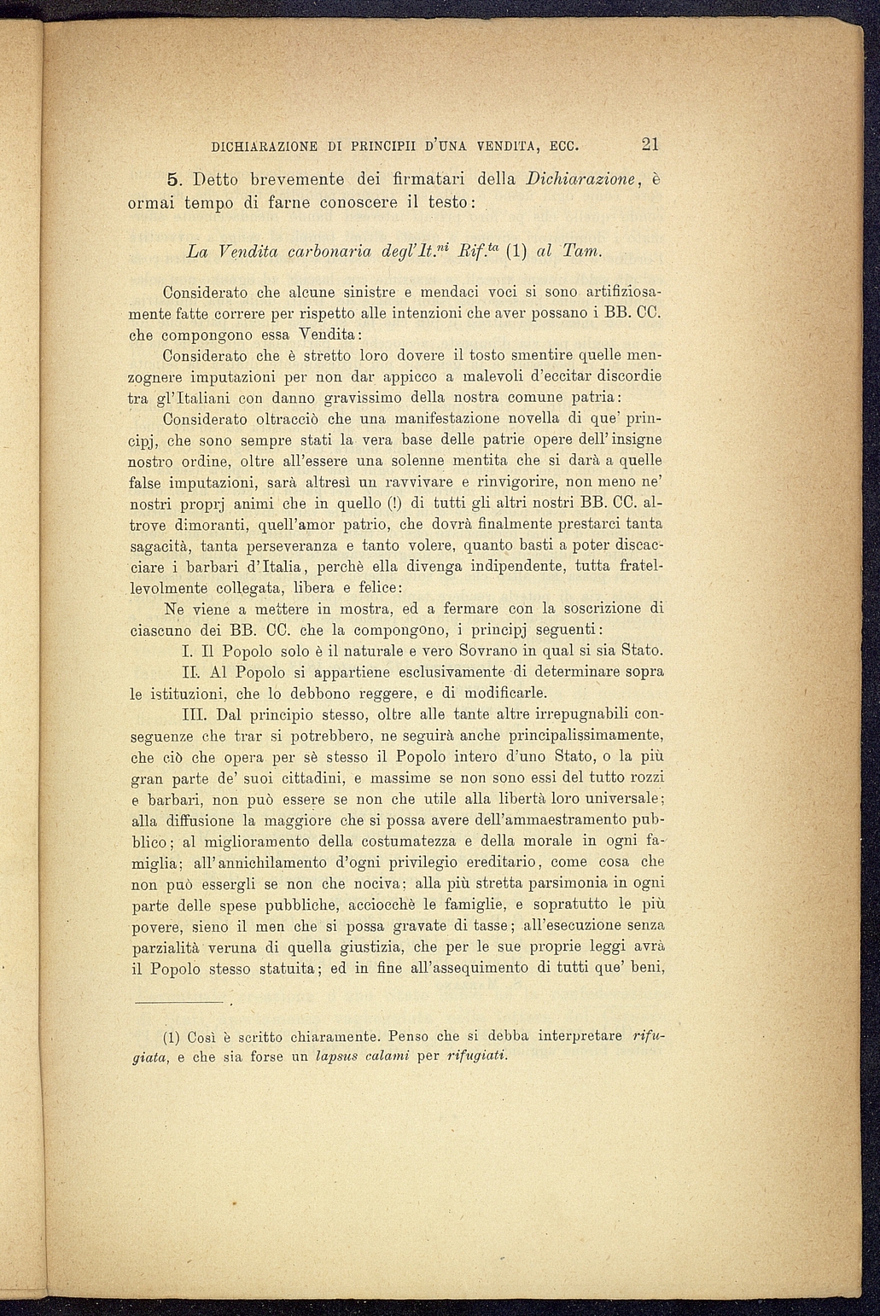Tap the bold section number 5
coord(172,180)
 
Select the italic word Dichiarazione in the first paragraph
coord(578,180)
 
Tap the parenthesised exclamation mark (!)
coord(395,503)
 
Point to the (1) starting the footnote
coord(171,1038)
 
